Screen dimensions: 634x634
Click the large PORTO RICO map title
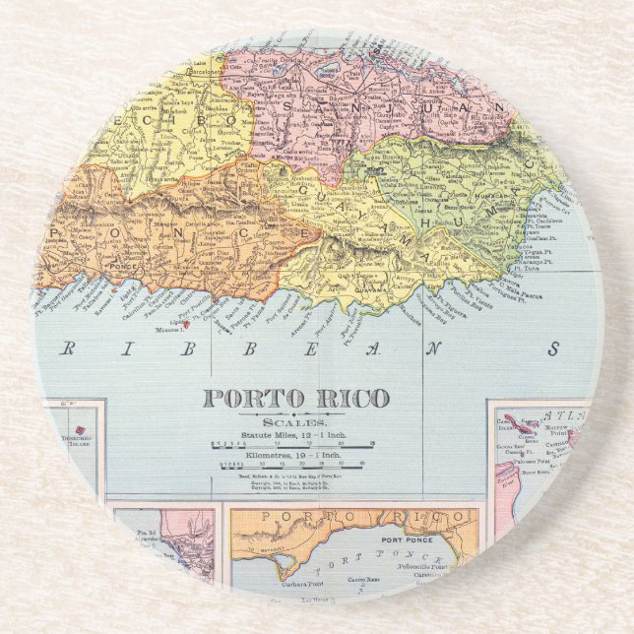tap(295, 400)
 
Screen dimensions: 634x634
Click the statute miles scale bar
tap(295, 445)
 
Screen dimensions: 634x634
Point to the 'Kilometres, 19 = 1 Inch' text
tap(294, 458)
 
